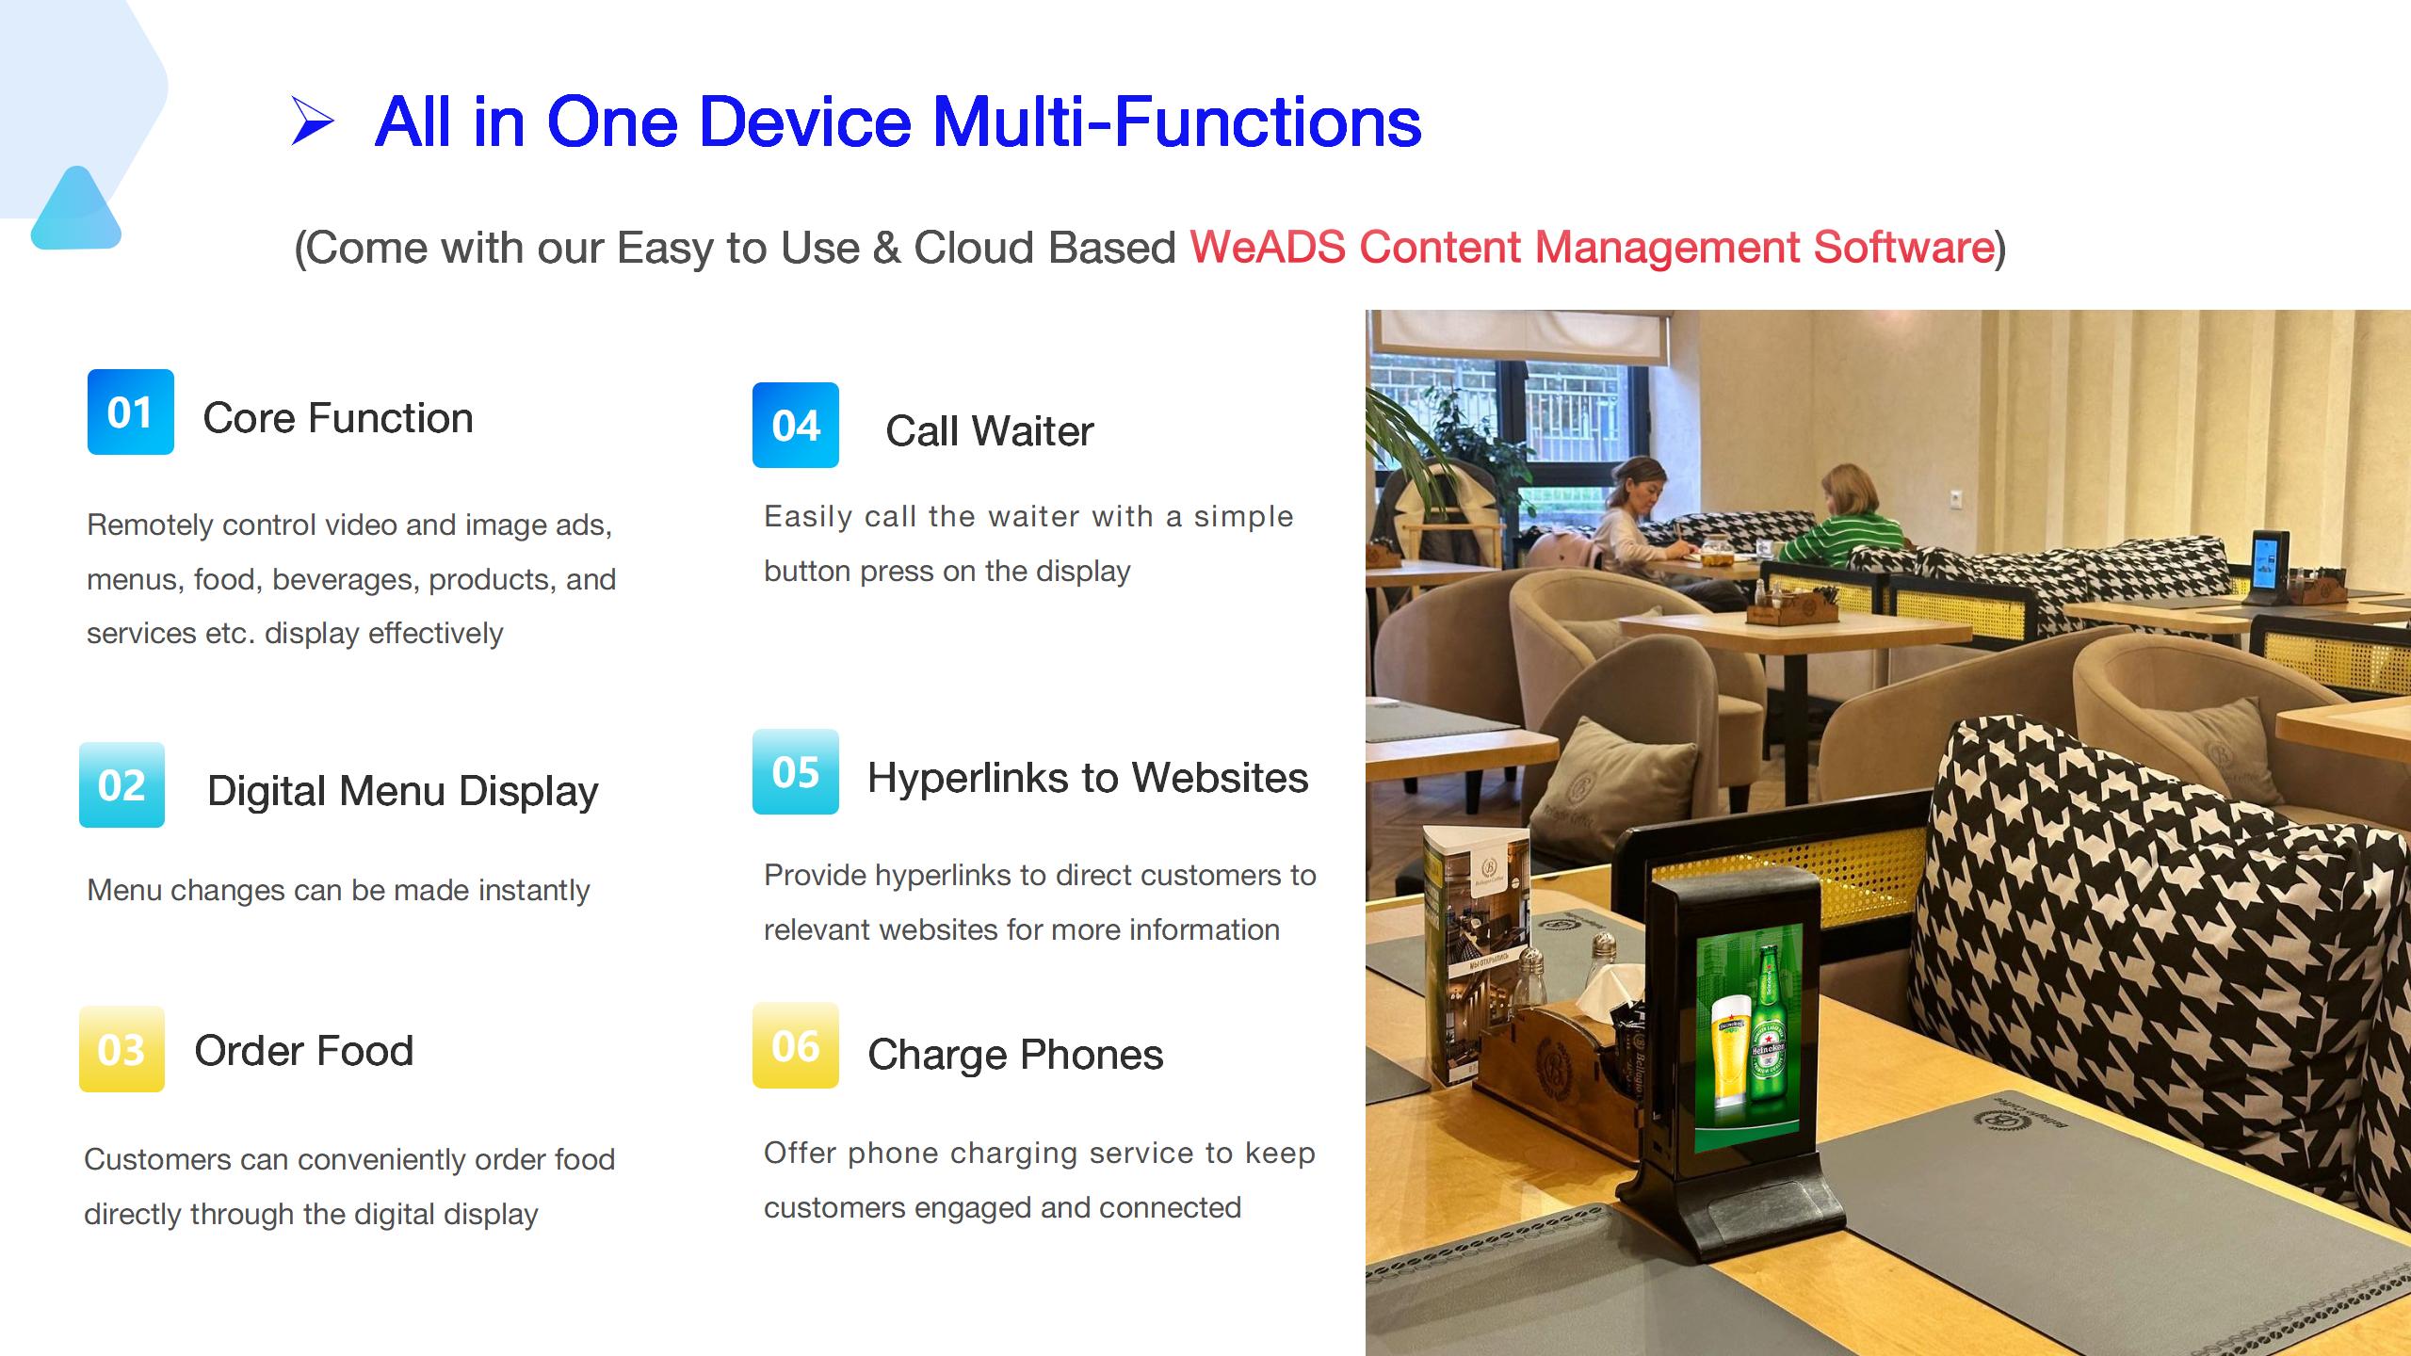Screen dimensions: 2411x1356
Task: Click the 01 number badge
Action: click(x=131, y=412)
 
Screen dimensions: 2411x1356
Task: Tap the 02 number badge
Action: click(x=121, y=785)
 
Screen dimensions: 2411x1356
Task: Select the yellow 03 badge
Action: click(x=121, y=1049)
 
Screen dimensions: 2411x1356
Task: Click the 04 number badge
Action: click(x=796, y=426)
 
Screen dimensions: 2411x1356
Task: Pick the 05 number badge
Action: click(x=796, y=772)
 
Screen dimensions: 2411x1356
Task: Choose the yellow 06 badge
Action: click(x=796, y=1045)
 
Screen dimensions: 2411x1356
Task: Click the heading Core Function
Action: click(x=338, y=418)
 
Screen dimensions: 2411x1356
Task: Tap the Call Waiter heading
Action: click(x=990, y=431)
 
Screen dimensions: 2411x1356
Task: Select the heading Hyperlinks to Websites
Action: click(x=1088, y=778)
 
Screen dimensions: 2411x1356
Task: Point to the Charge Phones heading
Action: click(x=1015, y=1055)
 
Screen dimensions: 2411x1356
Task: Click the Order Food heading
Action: click(x=304, y=1051)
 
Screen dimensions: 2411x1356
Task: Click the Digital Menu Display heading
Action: click(x=403, y=791)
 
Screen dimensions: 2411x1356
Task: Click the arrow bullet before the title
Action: click(x=313, y=121)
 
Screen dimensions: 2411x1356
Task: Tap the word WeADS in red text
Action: click(x=1268, y=248)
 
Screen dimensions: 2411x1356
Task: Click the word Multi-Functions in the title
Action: click(x=1177, y=121)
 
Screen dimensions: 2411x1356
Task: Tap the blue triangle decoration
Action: click(x=76, y=209)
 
